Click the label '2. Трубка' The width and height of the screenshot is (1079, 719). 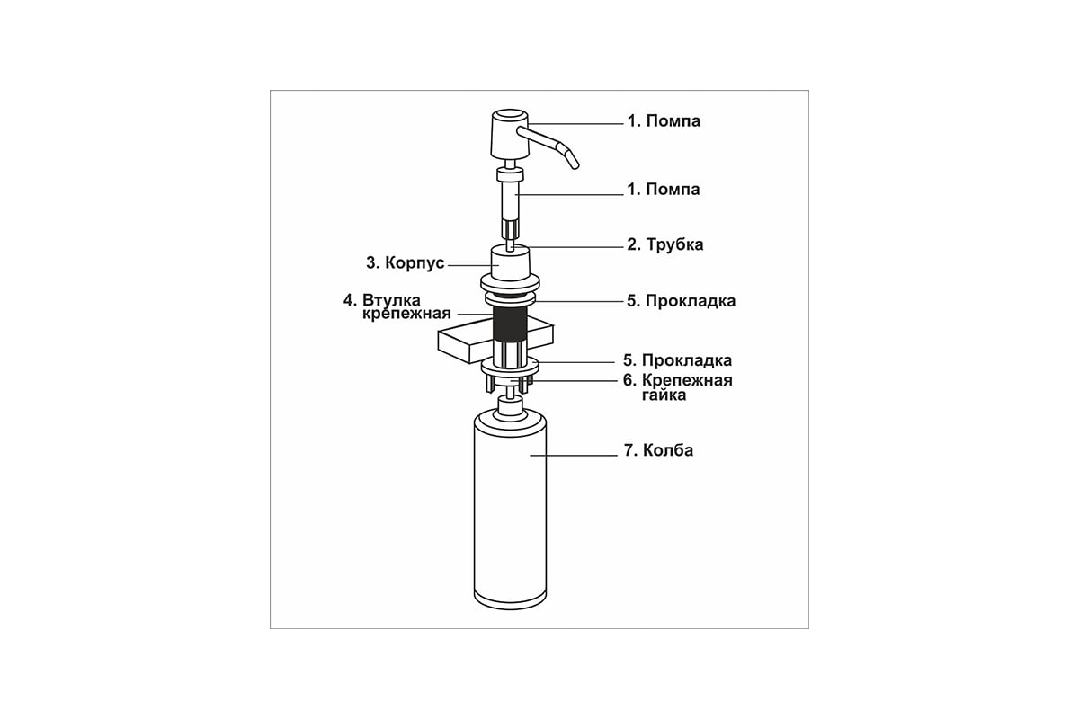[664, 244]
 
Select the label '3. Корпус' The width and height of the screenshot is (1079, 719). [405, 263]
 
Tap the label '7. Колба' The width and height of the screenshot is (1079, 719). [658, 450]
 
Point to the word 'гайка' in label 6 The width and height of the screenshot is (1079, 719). [664, 395]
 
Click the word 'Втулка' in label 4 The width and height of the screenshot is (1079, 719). [392, 300]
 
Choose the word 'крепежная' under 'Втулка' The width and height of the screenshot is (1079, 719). [406, 314]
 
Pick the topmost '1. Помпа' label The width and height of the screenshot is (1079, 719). [664, 120]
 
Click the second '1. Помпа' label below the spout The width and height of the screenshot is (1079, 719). [663, 190]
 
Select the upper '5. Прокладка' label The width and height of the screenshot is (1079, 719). [681, 301]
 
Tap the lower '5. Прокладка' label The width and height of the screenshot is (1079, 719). [677, 360]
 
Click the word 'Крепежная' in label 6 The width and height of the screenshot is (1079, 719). [687, 380]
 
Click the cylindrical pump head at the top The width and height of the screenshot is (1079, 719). [509, 134]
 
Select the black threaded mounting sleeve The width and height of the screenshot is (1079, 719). [510, 324]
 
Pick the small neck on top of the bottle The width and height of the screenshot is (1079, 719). [510, 406]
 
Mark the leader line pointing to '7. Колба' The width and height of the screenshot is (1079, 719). [574, 455]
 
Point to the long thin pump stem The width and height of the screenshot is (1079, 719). [510, 206]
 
